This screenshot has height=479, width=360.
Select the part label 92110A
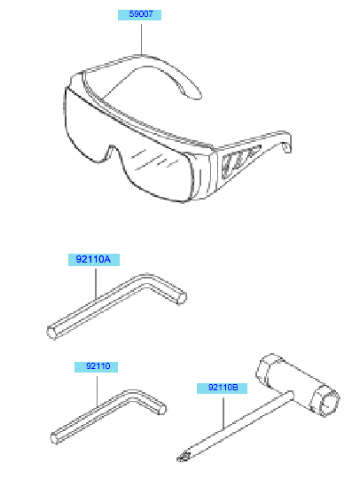point(94,260)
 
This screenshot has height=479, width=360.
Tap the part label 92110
point(96,366)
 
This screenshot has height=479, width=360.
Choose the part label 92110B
point(222,388)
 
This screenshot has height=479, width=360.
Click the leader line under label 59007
point(141,39)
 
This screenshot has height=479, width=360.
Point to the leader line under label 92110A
point(96,284)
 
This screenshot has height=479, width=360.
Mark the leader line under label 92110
point(98,391)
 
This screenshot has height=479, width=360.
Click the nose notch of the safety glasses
point(113,150)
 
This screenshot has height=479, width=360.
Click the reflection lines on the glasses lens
point(155,159)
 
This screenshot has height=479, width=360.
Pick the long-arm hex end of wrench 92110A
point(52,333)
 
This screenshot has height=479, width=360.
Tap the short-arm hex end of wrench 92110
point(162,409)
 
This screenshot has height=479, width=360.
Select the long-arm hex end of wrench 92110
point(55,438)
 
